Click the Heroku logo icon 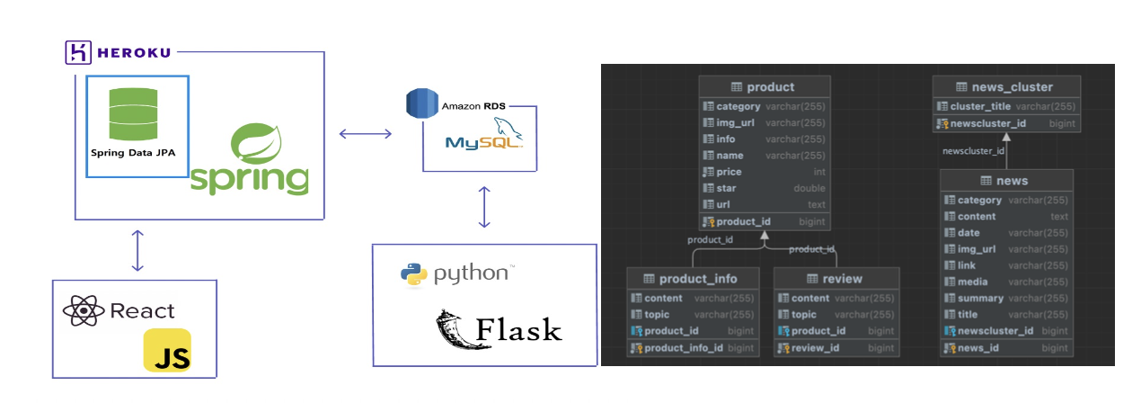tap(77, 53)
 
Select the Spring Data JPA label tap(132, 153)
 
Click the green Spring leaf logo tap(261, 144)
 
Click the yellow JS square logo tap(167, 351)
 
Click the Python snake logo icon tap(412, 274)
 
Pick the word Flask tap(518, 330)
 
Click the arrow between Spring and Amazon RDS tap(365, 134)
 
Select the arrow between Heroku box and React tap(137, 250)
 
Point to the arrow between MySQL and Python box tap(484, 207)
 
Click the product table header tap(764, 87)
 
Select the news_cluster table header tap(1005, 87)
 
